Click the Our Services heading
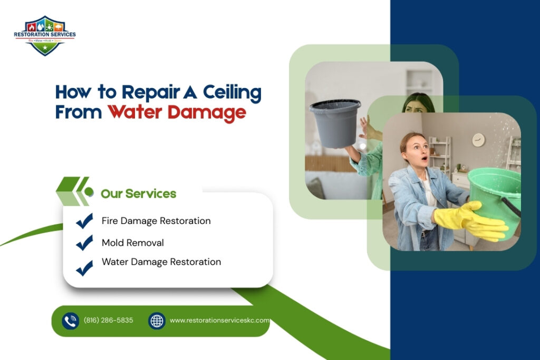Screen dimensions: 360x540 click(x=138, y=193)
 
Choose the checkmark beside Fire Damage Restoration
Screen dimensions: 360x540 click(x=84, y=221)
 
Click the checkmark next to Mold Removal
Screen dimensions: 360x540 click(x=84, y=243)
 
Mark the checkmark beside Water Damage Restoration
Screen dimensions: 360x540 click(x=84, y=268)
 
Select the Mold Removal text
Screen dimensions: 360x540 click(x=132, y=243)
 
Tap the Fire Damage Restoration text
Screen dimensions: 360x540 click(x=156, y=221)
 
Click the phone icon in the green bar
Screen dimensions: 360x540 click(x=70, y=320)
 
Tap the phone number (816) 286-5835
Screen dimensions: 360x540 click(x=108, y=320)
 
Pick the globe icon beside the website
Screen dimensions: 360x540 click(x=157, y=320)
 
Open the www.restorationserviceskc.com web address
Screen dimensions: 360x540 click(x=219, y=320)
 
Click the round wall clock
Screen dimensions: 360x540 click(x=478, y=140)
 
